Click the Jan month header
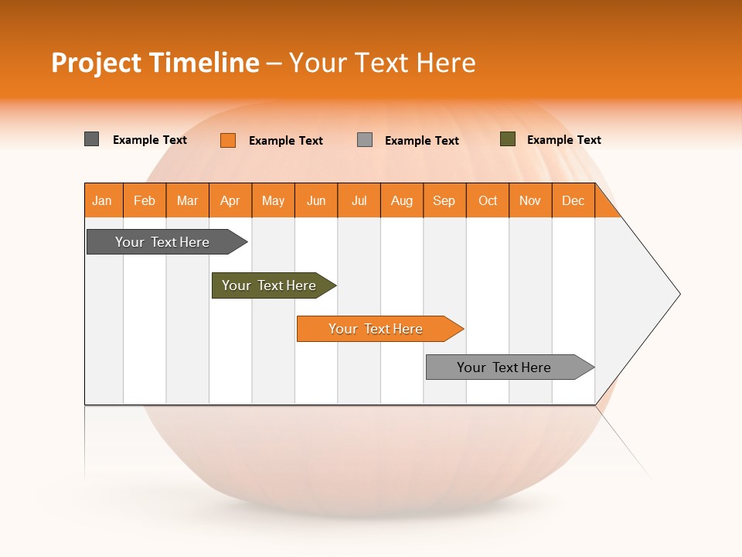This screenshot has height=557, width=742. coord(103,200)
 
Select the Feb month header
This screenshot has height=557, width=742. coord(145,200)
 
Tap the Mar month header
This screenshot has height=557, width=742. coord(187,200)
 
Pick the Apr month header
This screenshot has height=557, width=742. coord(230,200)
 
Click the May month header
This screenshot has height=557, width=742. coord(273,200)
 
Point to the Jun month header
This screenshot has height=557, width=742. coord(316,200)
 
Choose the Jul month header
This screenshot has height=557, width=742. coord(359,200)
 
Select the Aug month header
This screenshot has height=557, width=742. coord(402,200)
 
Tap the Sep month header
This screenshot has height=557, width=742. coord(444,200)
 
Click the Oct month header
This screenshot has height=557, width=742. coord(488,200)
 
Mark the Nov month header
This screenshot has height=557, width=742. coord(530,200)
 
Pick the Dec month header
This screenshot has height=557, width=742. coord(574,200)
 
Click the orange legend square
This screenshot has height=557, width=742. coord(228,140)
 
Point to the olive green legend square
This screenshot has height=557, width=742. coord(507,139)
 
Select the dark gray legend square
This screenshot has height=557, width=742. coord(92,139)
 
